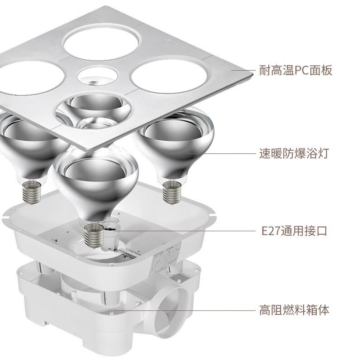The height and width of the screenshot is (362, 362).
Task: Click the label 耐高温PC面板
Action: coord(296,70)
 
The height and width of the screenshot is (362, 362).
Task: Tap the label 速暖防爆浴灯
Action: coord(294,153)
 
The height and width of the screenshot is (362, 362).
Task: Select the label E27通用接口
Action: coord(295,231)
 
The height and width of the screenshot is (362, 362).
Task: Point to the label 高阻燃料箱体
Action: coord(294,310)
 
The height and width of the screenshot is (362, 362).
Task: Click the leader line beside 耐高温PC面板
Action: coord(243,70)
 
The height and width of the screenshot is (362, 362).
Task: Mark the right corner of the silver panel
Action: coord(252,74)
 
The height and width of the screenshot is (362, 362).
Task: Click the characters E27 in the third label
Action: coord(271,231)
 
